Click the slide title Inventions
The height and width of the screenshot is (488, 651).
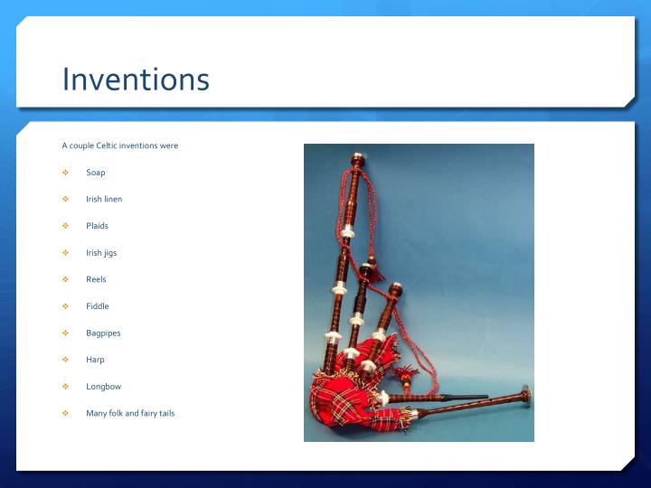pyautogui.click(x=136, y=80)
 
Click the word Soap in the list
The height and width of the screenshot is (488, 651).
pyautogui.click(x=96, y=173)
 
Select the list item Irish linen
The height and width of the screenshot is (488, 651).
pyautogui.click(x=104, y=199)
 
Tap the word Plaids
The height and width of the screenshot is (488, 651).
pyautogui.click(x=97, y=226)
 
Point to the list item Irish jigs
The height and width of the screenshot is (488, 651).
pyautogui.click(x=101, y=253)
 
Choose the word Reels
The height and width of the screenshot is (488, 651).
pyautogui.click(x=96, y=279)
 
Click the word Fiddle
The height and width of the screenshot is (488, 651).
pyautogui.click(x=97, y=306)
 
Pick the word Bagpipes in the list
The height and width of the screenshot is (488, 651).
pyautogui.click(x=103, y=333)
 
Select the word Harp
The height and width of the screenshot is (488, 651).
pyautogui.click(x=95, y=360)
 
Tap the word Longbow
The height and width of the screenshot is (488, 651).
pyautogui.click(x=103, y=387)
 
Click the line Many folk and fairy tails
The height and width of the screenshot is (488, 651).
pyautogui.click(x=130, y=413)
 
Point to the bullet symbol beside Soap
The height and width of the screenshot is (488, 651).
pyautogui.click(x=65, y=173)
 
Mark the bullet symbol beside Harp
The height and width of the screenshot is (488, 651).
pyautogui.click(x=65, y=360)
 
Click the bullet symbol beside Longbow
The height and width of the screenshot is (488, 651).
pyautogui.click(x=65, y=387)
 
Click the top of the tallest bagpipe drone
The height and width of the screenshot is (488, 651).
pyautogui.click(x=357, y=160)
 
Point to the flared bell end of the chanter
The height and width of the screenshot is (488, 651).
pyautogui.click(x=524, y=394)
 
